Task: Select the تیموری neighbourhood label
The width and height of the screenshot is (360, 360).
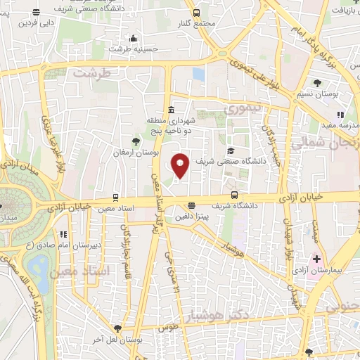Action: pos(242,110)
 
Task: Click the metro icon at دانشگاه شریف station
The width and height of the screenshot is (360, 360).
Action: pos(234,196)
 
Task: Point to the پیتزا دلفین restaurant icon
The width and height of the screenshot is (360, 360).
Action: pos(192,206)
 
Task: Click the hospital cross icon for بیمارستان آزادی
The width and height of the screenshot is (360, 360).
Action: pos(317,259)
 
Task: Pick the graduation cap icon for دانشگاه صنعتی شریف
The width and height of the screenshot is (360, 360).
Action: pos(230,151)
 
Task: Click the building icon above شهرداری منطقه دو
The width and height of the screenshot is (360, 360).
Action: pos(172,109)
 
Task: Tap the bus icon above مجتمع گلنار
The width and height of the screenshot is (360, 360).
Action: pos(196,13)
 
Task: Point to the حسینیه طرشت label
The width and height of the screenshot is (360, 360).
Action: pos(129,49)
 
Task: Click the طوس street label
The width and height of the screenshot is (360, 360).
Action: pos(168,328)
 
